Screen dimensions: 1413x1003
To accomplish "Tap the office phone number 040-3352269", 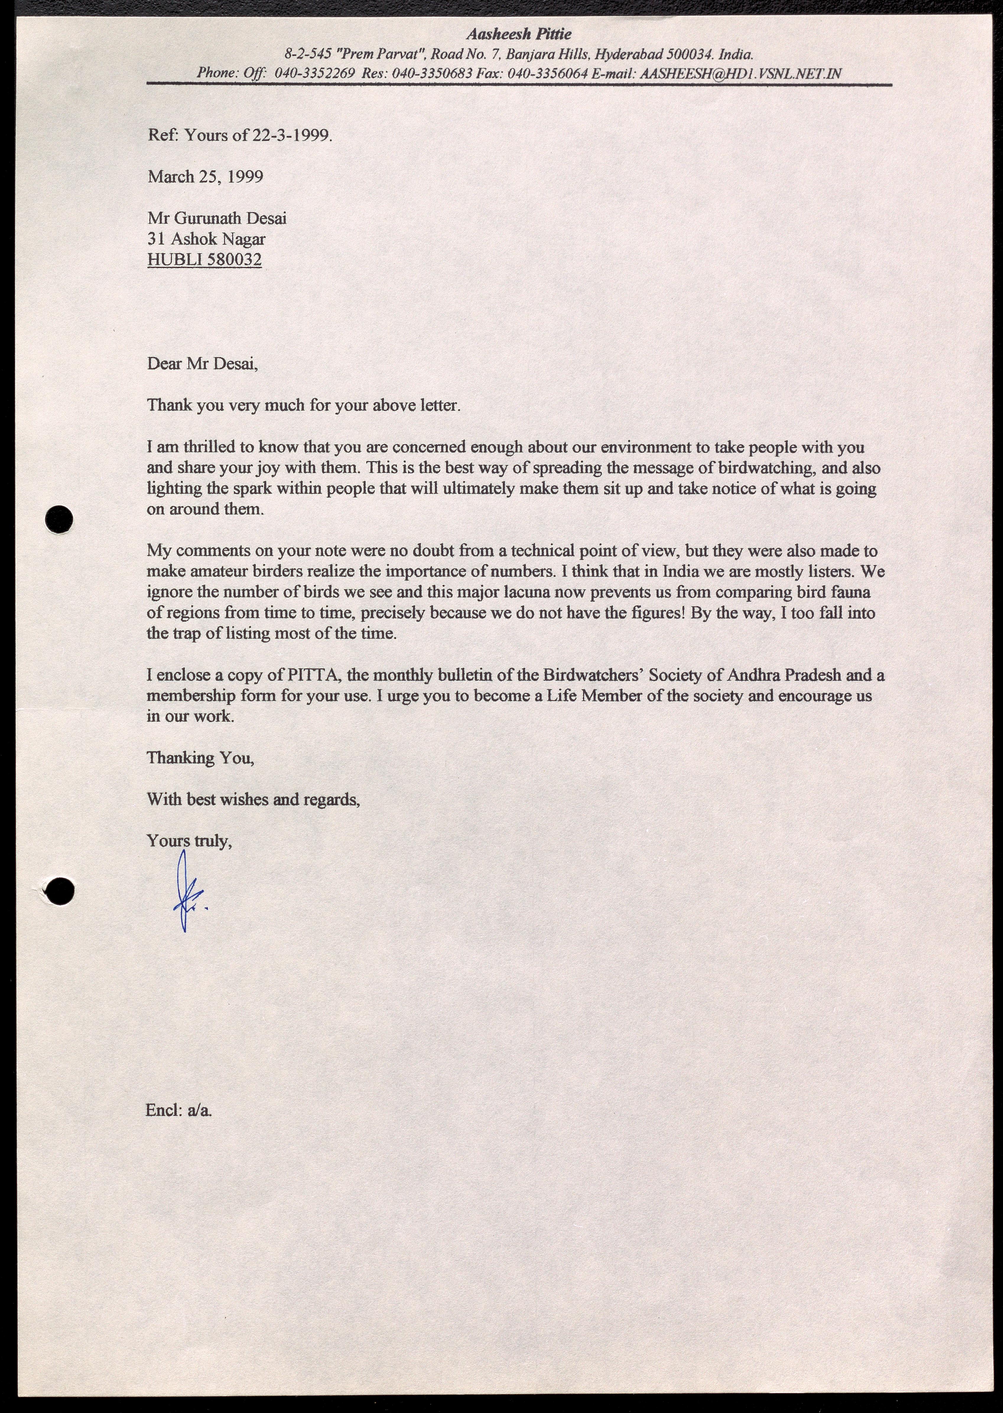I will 314,73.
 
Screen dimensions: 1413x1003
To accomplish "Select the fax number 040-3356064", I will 547,73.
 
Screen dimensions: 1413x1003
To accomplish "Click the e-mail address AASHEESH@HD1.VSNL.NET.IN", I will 741,73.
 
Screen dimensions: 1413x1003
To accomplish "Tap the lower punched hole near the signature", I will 60,891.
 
